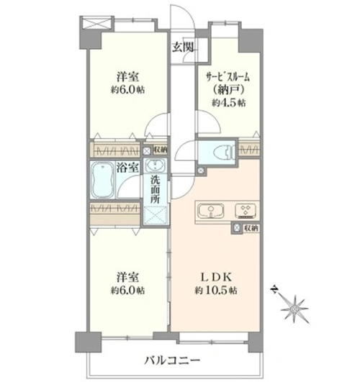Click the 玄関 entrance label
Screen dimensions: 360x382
(183, 47)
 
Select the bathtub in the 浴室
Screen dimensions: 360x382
(103, 180)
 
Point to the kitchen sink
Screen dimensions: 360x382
(211, 211)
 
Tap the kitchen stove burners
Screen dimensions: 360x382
(246, 211)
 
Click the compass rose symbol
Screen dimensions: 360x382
(294, 309)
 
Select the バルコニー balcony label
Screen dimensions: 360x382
(172, 360)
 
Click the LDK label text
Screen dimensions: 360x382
(215, 277)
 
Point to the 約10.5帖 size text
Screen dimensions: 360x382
(215, 291)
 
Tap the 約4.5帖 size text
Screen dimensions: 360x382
(228, 103)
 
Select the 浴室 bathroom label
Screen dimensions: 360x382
(128, 168)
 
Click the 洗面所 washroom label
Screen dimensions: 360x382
(155, 189)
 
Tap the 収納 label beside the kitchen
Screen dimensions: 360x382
(251, 229)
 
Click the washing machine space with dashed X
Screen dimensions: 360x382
(155, 216)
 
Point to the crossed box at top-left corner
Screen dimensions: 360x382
(97, 24)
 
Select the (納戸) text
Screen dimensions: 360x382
(228, 91)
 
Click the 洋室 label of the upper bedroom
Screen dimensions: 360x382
(127, 77)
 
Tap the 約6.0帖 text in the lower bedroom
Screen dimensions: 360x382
(127, 290)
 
